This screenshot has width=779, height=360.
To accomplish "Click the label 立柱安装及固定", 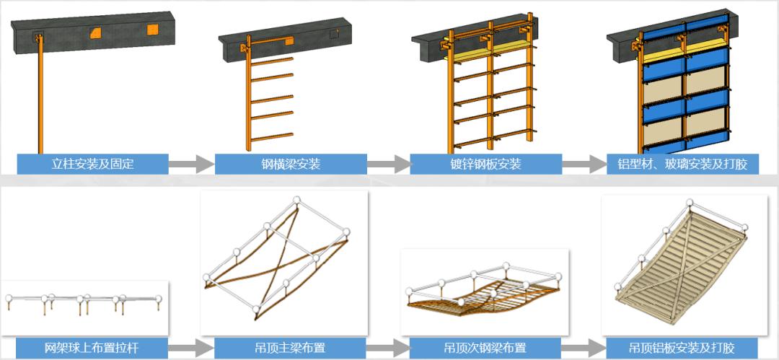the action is pos(92,164).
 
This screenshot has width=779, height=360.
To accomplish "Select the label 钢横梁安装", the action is pos(291,164).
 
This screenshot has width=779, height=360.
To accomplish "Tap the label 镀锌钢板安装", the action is pos(485,164).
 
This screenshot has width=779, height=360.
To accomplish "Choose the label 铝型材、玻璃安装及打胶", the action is pos(682,164).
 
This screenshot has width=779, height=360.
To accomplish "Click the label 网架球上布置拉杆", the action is pos(92,347).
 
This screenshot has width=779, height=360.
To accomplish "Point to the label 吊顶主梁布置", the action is pos(290,347).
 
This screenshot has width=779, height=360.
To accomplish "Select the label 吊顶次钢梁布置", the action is pos(485,347).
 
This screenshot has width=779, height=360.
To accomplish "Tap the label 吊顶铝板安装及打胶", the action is pos(682,347).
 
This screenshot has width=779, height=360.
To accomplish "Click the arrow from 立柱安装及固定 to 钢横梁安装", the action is pos(191,164).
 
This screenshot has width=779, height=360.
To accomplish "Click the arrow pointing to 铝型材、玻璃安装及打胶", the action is pos(584,164).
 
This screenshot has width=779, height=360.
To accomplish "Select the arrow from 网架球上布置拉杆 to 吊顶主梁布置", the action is pos(191,347).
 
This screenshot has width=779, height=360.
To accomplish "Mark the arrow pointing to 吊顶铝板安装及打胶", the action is pos(584,347).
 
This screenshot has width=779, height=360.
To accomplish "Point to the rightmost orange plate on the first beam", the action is pos(152,30).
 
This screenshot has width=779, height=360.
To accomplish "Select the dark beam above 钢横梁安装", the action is pos(286,40).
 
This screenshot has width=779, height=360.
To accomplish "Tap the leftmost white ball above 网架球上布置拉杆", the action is pos(9,299).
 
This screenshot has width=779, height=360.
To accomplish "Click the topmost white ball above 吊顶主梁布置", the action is pos(296,200).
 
